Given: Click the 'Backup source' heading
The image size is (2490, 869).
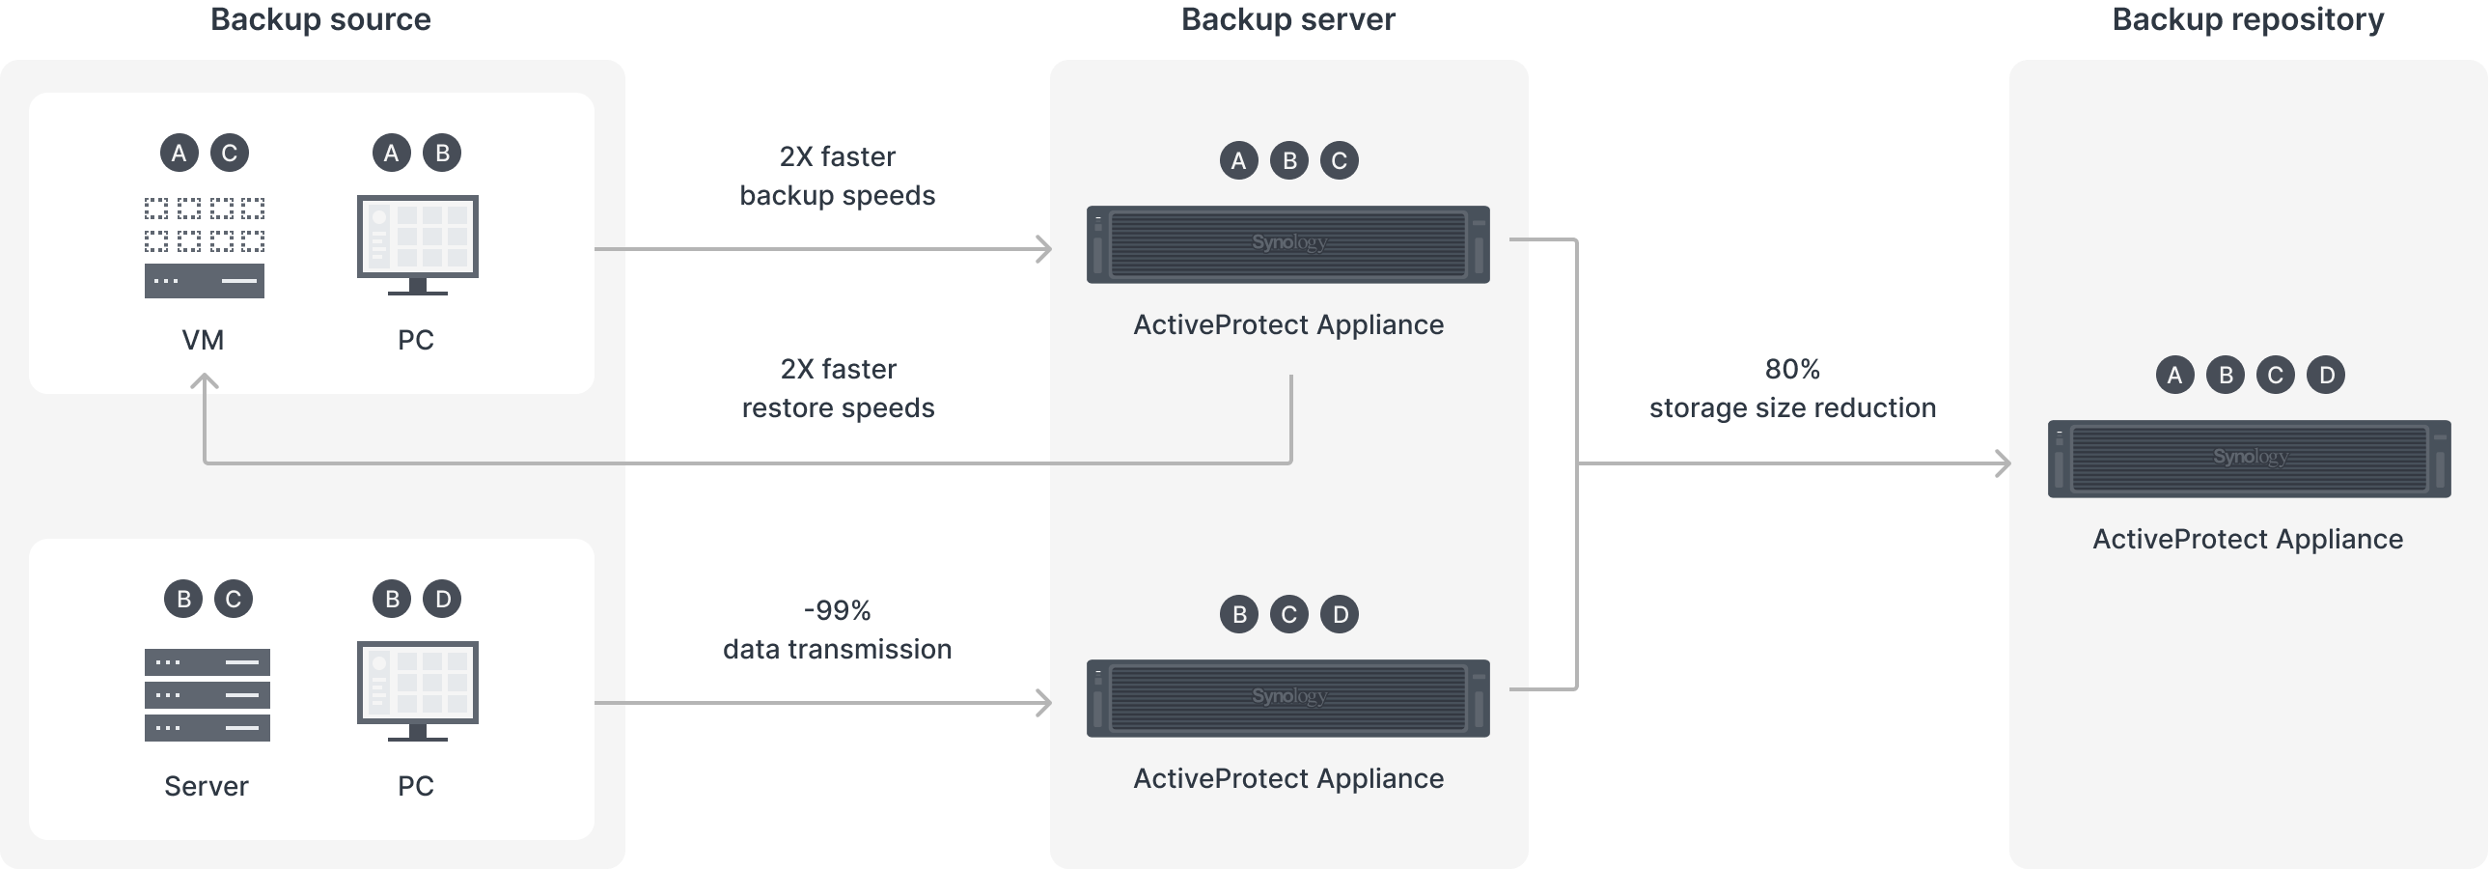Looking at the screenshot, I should pyautogui.click(x=320, y=19).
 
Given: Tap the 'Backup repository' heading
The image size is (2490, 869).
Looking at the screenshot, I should pyautogui.click(x=2247, y=19).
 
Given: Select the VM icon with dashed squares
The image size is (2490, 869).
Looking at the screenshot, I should pyautogui.click(x=204, y=247).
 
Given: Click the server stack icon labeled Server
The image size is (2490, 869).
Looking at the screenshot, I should pyautogui.click(x=207, y=694).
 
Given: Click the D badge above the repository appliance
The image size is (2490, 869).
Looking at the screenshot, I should pyautogui.click(x=2325, y=375).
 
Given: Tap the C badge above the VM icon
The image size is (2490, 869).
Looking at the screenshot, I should pyautogui.click(x=229, y=153).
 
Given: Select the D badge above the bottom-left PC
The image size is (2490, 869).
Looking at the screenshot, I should pyautogui.click(x=442, y=600).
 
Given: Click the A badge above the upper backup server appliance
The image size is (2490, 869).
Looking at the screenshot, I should pyautogui.click(x=1238, y=160).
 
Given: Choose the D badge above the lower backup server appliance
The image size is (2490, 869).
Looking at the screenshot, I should pyautogui.click(x=1339, y=615).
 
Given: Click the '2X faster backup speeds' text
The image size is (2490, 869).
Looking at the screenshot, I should pyautogui.click(x=837, y=176).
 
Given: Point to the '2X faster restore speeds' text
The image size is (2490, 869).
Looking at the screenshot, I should pyautogui.click(x=837, y=388).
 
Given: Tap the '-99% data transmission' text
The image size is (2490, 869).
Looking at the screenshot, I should pyautogui.click(x=837, y=630).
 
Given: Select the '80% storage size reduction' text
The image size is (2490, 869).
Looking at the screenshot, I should pyautogui.click(x=1792, y=388).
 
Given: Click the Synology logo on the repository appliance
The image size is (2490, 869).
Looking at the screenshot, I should pyautogui.click(x=2250, y=457).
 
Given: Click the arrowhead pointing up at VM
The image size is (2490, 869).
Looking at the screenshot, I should pyautogui.click(x=204, y=381).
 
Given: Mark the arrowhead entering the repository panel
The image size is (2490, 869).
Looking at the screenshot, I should pyautogui.click(x=2003, y=464).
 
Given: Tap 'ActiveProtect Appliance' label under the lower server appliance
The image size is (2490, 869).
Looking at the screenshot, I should pyautogui.click(x=1287, y=778).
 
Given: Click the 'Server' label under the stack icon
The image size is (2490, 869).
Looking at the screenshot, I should pyautogui.click(x=206, y=786).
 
